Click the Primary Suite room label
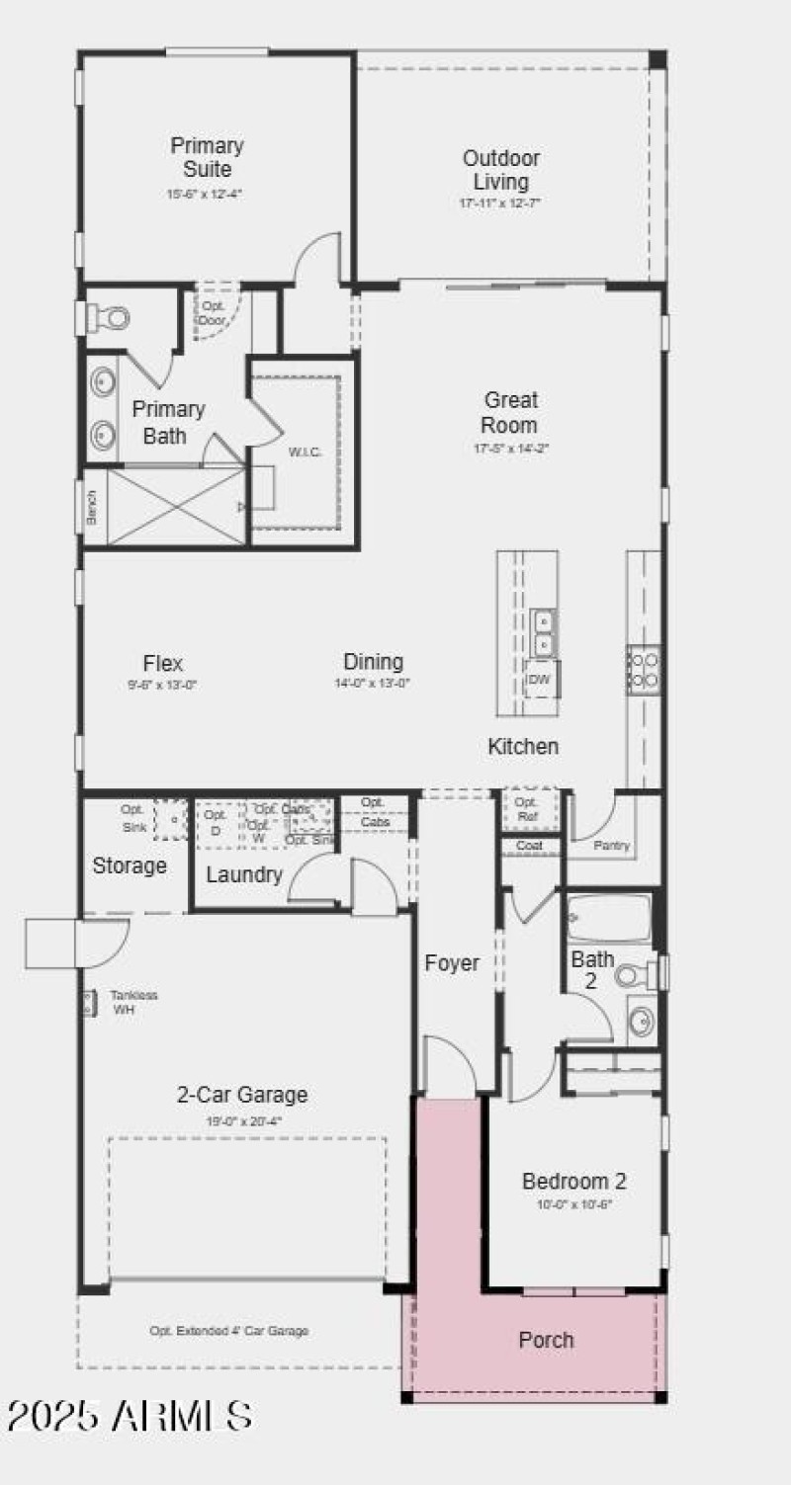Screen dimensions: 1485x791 207,157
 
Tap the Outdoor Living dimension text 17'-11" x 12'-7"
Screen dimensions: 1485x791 500,203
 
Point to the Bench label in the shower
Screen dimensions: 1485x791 92,508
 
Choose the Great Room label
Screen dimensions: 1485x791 510,412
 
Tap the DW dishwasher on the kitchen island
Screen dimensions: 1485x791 540,679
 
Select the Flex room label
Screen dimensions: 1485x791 163,663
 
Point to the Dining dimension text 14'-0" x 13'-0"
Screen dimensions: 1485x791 373,683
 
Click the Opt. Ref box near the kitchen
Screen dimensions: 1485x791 526,809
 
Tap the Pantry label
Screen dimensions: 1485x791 611,846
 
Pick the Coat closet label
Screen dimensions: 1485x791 529,847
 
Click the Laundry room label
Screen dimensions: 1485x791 244,874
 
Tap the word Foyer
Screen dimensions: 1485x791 452,962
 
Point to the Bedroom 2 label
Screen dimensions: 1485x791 573,1181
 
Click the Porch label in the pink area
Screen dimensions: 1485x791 546,1340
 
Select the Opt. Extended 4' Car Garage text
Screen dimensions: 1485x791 228,1331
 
